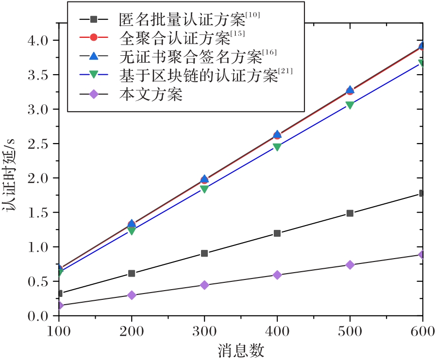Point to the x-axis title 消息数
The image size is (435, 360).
[x=241, y=349]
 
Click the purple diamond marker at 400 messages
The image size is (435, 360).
[x=277, y=275]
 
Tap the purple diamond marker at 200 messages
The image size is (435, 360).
[x=132, y=295]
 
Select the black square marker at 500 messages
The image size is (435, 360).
[x=350, y=213]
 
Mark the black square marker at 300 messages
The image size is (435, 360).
[x=204, y=253]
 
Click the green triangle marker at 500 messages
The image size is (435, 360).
[x=350, y=105]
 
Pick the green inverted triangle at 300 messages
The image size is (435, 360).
[x=204, y=189]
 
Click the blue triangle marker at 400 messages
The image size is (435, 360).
[x=277, y=134]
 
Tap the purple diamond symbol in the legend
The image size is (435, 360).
[x=94, y=95]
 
